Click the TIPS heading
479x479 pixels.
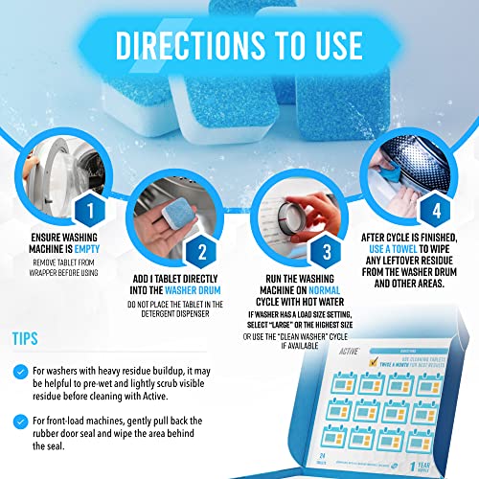[x=27, y=338]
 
